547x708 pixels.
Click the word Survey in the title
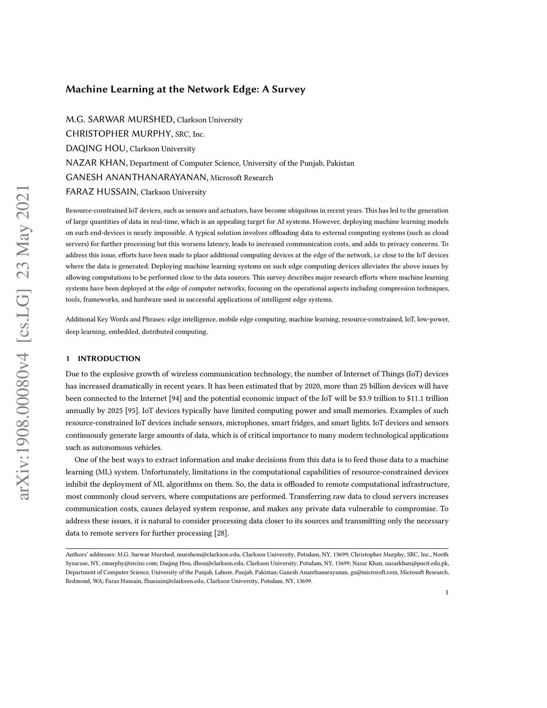288,89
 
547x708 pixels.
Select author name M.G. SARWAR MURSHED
120,119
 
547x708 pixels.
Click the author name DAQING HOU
96,148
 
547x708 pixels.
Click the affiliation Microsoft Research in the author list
242,177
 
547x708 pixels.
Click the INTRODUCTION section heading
109,359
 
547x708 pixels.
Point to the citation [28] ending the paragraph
221,533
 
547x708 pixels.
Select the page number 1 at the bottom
447,592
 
